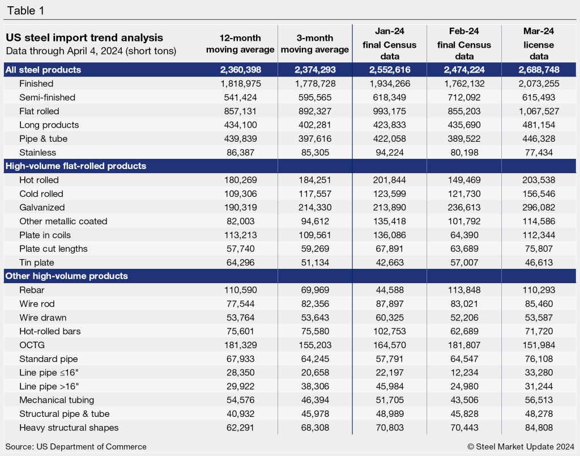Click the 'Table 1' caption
(x=25, y=11)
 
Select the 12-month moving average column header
(x=240, y=44)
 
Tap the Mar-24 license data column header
(x=538, y=44)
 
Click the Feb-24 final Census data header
(x=463, y=44)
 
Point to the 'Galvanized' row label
(x=42, y=208)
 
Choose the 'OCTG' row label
(x=31, y=345)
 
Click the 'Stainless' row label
(x=37, y=153)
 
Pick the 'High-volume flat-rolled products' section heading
(x=75, y=166)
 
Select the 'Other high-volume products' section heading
(x=66, y=276)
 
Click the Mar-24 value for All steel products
(x=538, y=70)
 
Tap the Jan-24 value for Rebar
(x=389, y=290)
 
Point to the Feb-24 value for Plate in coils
(x=463, y=235)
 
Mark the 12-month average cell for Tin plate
(x=240, y=262)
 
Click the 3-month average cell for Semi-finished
(x=315, y=98)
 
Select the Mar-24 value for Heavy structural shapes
(x=538, y=428)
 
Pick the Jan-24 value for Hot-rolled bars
(x=389, y=331)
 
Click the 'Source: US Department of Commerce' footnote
(x=76, y=446)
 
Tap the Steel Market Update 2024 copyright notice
(x=521, y=446)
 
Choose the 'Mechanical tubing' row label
(x=57, y=400)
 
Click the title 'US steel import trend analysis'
(x=84, y=38)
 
